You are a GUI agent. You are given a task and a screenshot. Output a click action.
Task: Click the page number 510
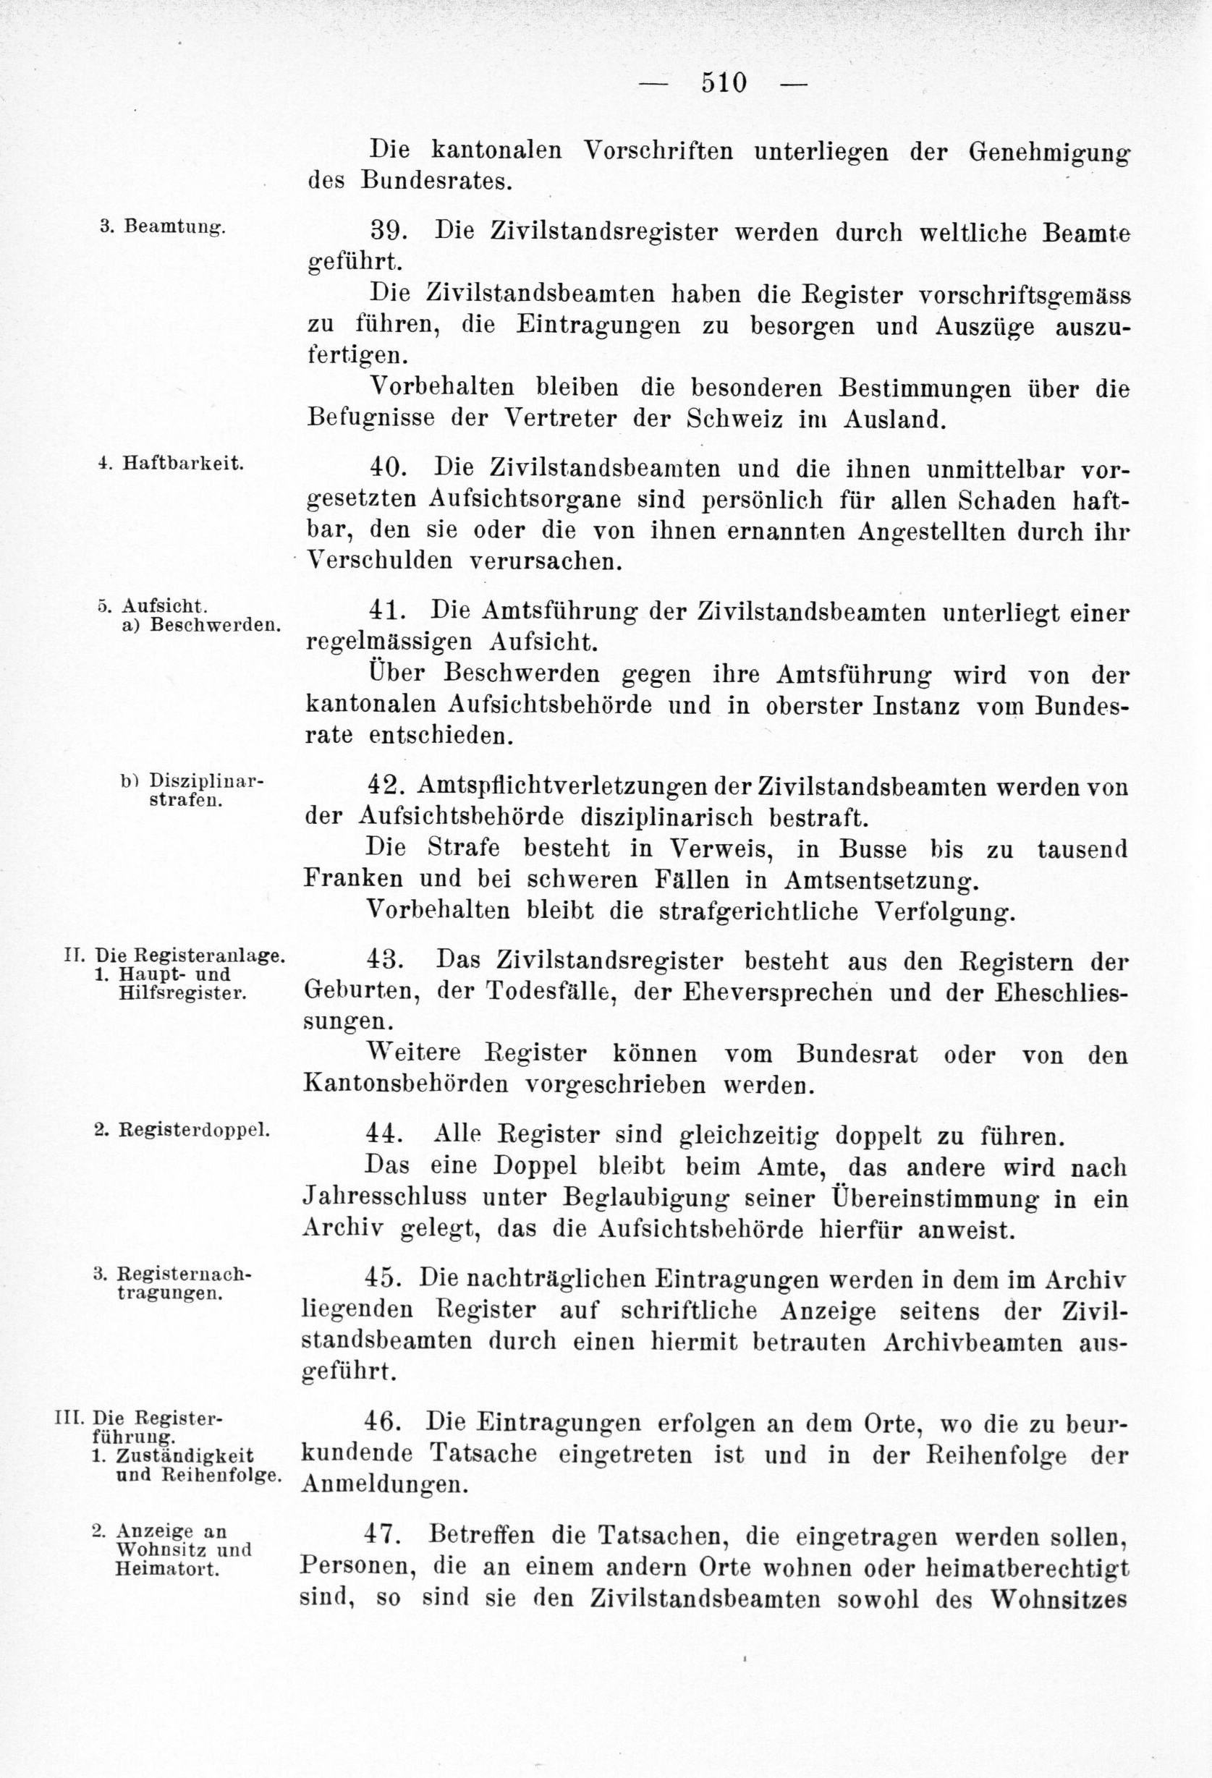[723, 82]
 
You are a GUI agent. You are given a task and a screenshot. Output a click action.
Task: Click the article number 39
[388, 231]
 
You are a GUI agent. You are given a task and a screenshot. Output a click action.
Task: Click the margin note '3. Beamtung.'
[162, 226]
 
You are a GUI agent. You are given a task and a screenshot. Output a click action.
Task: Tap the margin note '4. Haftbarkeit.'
[171, 463]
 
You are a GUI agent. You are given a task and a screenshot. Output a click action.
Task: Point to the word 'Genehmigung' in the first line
[1048, 151]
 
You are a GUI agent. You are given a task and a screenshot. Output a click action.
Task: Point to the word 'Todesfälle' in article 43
[532, 992]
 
